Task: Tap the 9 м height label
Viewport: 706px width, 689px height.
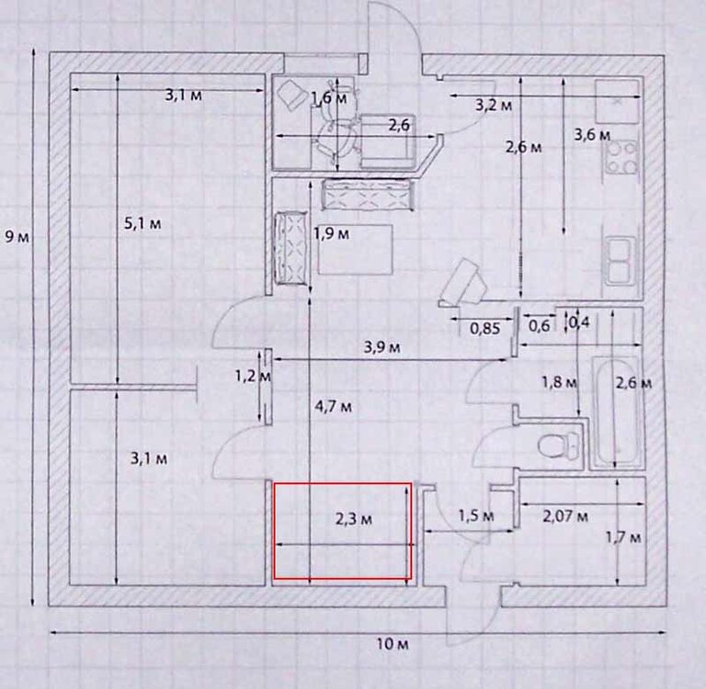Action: point(16,237)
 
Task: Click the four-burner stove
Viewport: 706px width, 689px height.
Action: point(621,157)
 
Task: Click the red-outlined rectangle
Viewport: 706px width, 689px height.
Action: point(343,531)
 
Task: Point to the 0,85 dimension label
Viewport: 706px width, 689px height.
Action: point(484,325)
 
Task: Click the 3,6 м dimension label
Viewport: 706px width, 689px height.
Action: point(591,135)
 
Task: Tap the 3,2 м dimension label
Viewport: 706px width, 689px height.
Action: point(493,105)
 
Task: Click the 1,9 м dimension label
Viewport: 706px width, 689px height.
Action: point(332,233)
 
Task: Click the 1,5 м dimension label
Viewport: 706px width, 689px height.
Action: point(475,516)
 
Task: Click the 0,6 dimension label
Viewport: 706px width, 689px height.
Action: point(539,325)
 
